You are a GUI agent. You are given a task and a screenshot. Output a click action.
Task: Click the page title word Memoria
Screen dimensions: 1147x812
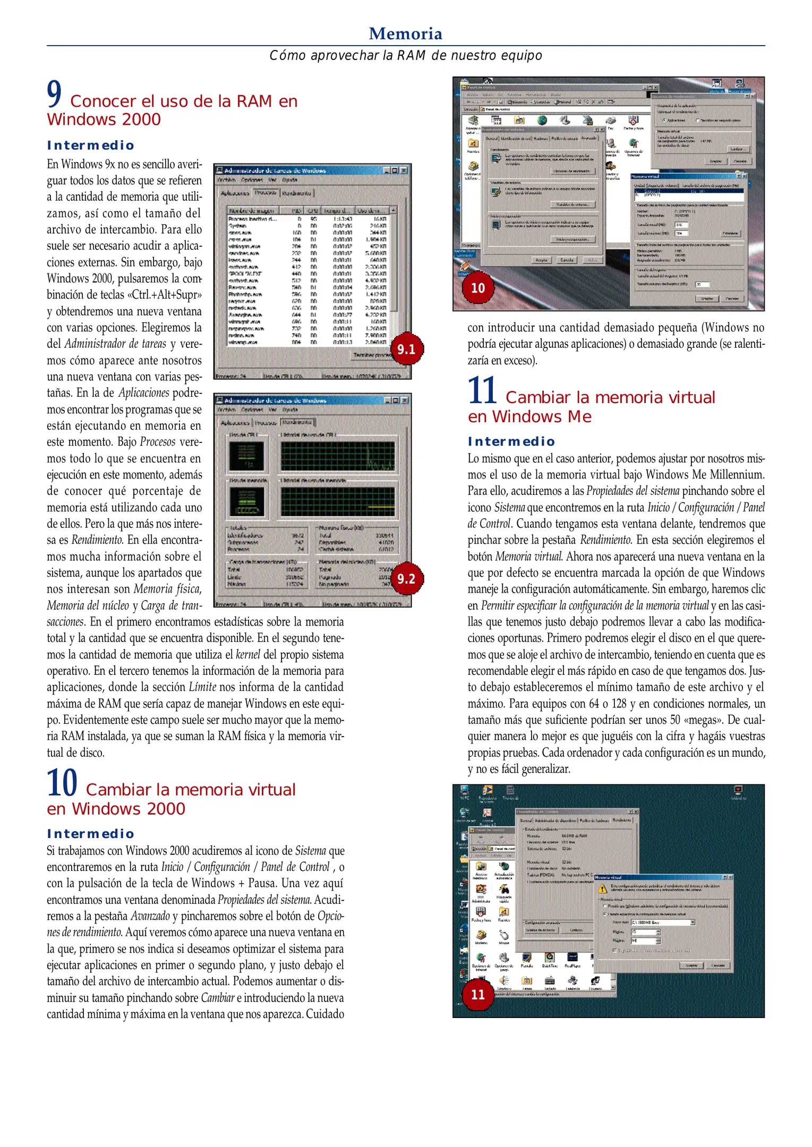point(405,33)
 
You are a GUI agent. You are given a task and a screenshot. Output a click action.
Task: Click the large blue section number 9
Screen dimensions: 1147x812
point(54,94)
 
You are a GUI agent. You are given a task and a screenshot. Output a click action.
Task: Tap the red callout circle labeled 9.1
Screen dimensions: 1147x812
point(406,349)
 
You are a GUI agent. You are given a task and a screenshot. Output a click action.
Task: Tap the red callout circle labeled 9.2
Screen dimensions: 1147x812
point(406,578)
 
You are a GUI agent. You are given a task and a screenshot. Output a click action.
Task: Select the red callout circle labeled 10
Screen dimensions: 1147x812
point(477,288)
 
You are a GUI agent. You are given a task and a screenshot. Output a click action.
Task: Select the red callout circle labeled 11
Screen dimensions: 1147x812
point(477,994)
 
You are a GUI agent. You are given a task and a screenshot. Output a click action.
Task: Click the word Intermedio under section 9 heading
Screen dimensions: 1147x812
point(90,145)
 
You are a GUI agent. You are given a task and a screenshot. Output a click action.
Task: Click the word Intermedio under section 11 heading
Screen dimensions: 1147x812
point(511,441)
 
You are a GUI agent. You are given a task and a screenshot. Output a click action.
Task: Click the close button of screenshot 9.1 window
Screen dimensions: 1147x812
point(404,170)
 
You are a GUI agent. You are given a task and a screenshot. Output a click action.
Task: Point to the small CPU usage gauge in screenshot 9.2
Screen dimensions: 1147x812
point(246,456)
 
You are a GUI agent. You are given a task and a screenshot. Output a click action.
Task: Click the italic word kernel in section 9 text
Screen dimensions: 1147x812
point(247,654)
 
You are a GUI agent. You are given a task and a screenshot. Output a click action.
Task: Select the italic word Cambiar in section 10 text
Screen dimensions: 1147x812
point(217,997)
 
